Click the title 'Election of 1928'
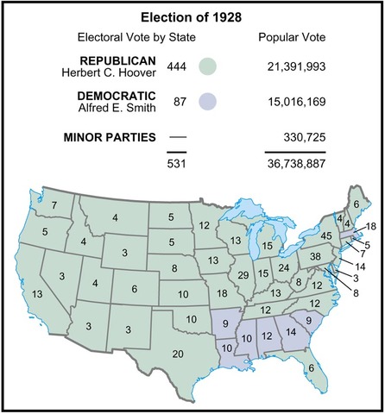[192, 16]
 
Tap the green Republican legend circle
[207, 67]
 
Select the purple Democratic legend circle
[207, 102]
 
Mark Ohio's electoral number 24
[285, 267]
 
